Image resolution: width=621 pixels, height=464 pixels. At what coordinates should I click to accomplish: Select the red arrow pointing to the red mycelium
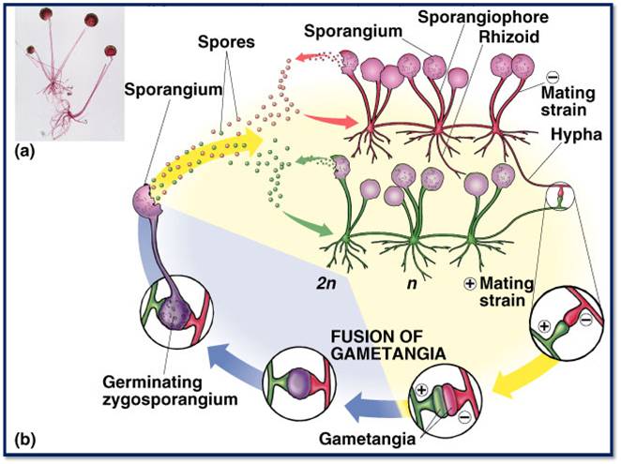pyautogui.click(x=319, y=117)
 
